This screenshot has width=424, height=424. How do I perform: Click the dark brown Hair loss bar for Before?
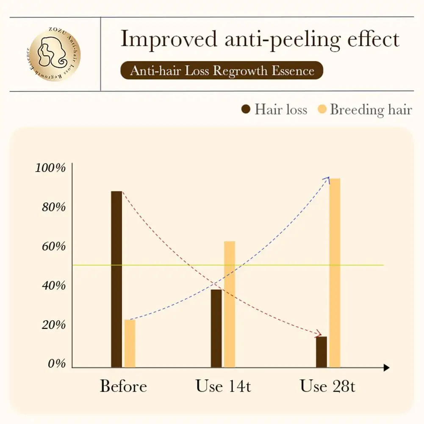pos(116,279)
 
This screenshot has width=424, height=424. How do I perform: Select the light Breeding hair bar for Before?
pos(130,344)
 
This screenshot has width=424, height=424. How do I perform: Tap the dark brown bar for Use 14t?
pos(216,328)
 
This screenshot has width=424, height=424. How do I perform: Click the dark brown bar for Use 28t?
pos(321,352)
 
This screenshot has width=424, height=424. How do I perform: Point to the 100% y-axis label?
pos(50,168)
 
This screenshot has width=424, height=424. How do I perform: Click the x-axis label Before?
pos(123,386)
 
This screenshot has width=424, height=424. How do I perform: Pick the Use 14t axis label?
pos(223,386)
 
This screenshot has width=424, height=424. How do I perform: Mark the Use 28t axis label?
pos(327,386)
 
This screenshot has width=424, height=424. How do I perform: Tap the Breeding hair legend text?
pos(371,110)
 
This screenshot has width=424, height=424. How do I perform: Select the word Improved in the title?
pos(168,39)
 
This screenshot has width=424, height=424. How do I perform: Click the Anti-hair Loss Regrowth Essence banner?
pos(222,70)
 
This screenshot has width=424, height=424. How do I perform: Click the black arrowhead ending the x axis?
pos(386,368)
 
